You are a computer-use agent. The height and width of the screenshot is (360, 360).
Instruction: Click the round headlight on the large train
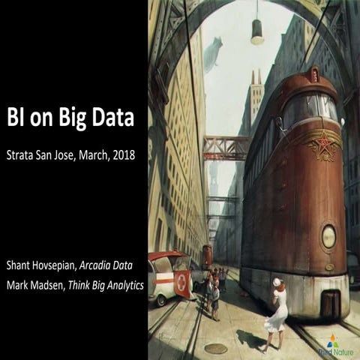328,236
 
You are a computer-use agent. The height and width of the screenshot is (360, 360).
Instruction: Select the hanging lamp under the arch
257,31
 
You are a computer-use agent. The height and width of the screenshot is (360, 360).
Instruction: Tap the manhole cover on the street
216,348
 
